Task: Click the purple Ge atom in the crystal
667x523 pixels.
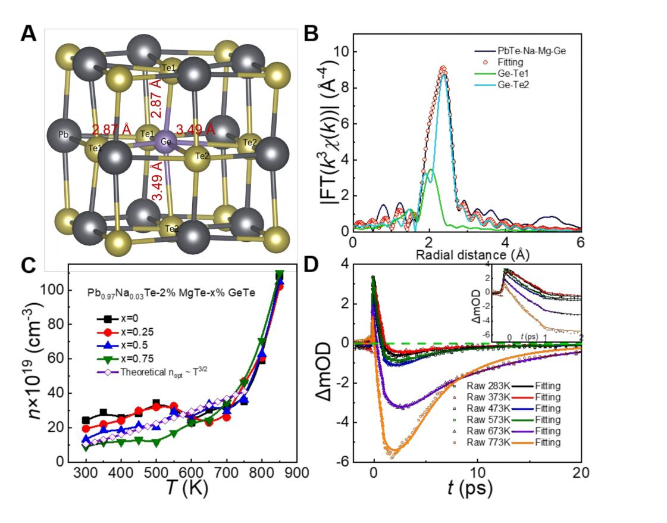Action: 167,143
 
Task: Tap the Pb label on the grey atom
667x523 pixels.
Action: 62,135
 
